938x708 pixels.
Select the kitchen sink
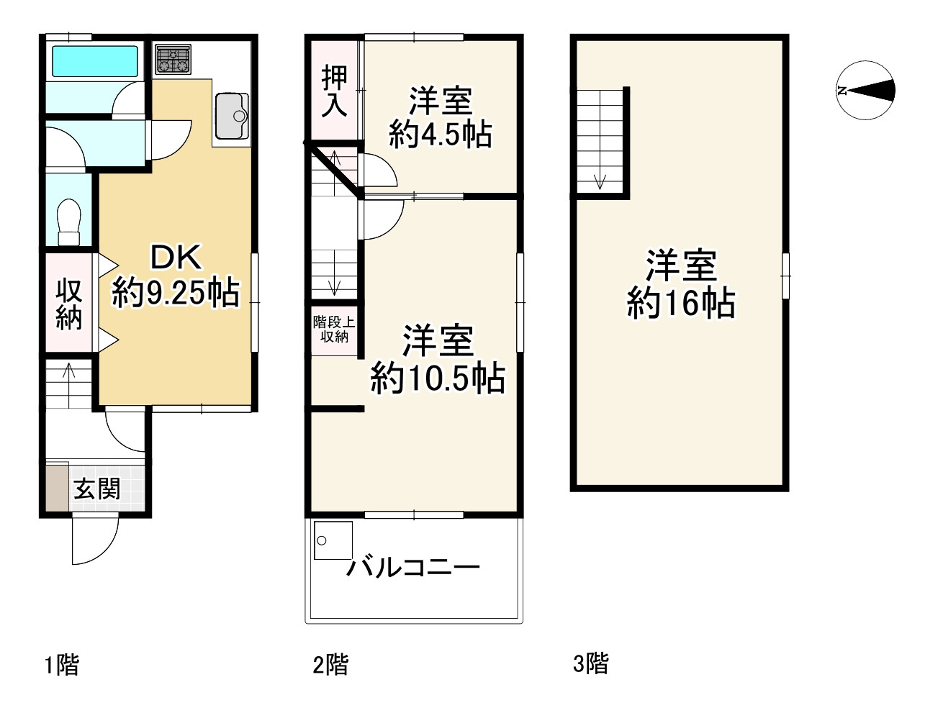(231, 115)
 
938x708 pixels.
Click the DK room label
(176, 257)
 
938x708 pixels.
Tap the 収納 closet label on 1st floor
(69, 304)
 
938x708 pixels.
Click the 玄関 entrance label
(97, 489)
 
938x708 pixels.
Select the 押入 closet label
(335, 91)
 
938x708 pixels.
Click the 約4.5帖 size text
(440, 134)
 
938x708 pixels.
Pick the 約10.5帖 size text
(438, 378)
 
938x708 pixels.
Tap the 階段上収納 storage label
(334, 329)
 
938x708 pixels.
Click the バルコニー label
(413, 568)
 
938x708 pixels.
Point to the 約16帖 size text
(681, 303)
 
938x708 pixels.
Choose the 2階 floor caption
(330, 663)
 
